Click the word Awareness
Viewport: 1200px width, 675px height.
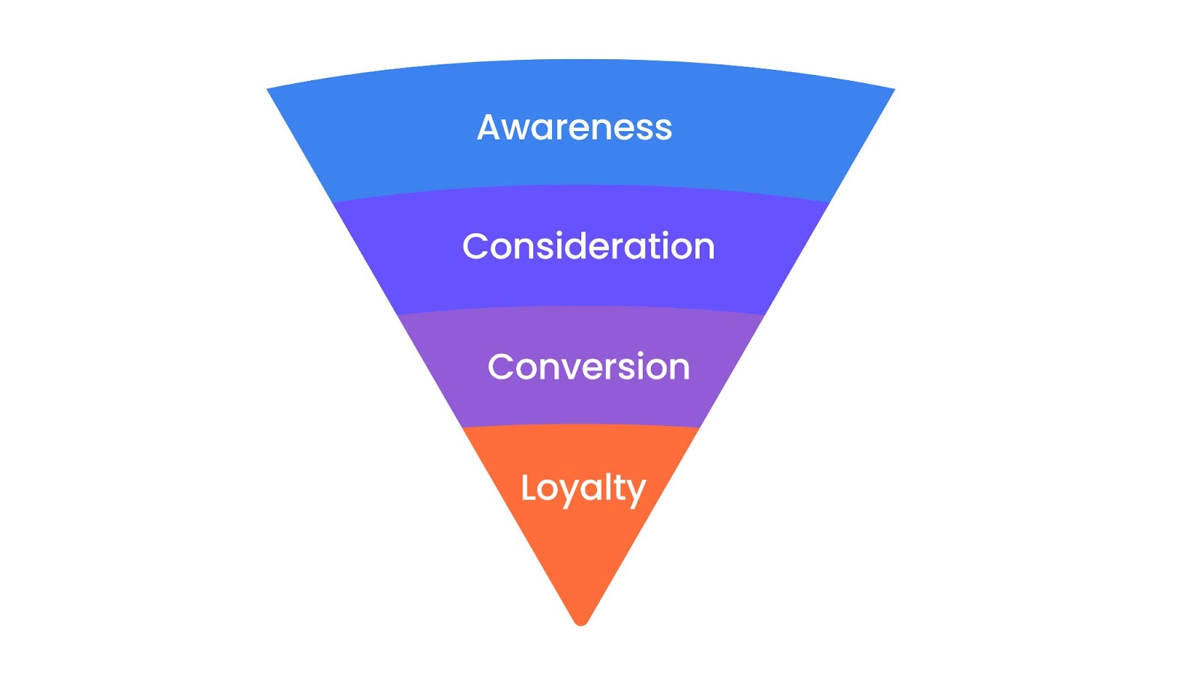[x=574, y=127]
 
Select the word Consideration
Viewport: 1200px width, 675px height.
[x=588, y=247]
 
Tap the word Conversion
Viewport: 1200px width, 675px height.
[x=588, y=367]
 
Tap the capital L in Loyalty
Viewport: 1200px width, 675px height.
[x=529, y=487]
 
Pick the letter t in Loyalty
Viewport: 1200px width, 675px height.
[x=618, y=488]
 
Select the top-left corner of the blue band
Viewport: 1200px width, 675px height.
[x=267, y=89]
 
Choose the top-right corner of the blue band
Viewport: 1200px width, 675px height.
[x=895, y=89]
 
